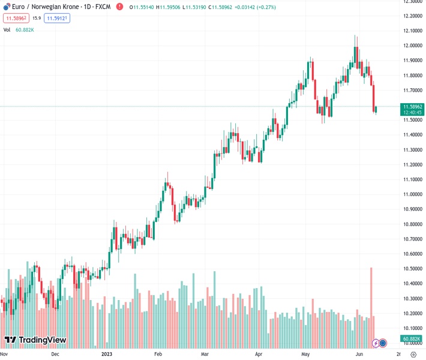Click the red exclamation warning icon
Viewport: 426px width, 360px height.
[x=119, y=7]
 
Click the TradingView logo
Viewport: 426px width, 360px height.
[x=35, y=340]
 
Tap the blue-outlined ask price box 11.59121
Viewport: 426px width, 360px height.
[x=58, y=19]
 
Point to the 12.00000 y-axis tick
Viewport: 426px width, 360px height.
[x=412, y=46]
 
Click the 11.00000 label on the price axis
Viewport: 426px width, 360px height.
[x=412, y=194]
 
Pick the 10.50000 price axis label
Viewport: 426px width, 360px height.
[x=412, y=269]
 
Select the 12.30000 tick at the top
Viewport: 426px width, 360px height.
[x=412, y=1]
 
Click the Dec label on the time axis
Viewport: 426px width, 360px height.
[x=55, y=354]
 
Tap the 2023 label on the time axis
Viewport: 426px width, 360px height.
[x=107, y=354]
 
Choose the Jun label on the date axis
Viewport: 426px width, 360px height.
[x=359, y=354]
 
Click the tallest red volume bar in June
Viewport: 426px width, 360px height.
[x=371, y=300]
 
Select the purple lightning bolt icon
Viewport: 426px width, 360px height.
[x=376, y=343]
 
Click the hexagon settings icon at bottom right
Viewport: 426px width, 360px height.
[x=413, y=354]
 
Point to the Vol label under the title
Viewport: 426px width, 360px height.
[x=7, y=29]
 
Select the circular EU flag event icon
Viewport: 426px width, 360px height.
[x=383, y=343]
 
